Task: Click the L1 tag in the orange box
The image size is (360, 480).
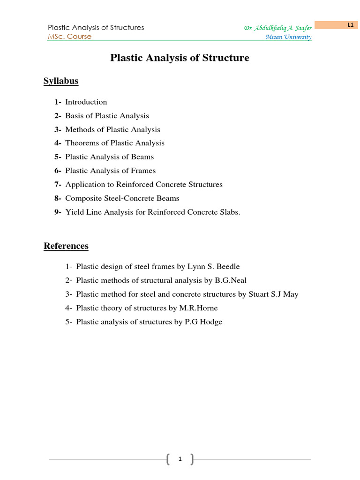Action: click(350, 25)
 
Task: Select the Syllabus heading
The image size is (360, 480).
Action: click(61, 81)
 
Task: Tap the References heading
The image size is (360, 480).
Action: click(66, 246)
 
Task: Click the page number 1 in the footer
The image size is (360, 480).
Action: click(180, 459)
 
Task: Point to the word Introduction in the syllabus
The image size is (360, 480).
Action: click(86, 102)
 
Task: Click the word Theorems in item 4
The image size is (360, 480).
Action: click(82, 143)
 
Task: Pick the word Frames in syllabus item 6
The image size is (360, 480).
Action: click(143, 171)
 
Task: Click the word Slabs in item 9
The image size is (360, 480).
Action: click(229, 212)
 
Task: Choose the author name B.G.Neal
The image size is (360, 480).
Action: click(231, 280)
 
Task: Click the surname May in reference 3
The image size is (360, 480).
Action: click(291, 294)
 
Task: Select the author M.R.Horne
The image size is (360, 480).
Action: click(198, 308)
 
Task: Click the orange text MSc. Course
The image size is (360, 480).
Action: click(70, 37)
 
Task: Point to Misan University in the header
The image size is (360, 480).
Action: click(288, 37)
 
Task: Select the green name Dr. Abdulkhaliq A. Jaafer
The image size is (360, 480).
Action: click(277, 28)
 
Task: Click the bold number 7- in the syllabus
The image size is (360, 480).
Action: click(58, 185)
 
